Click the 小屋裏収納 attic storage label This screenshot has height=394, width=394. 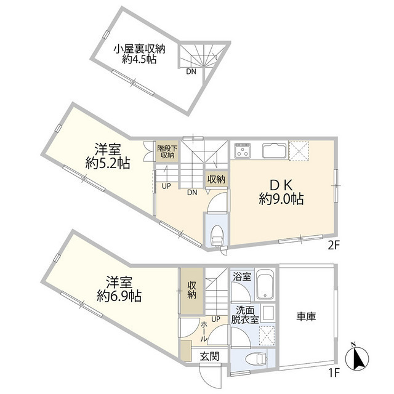coord(139,49)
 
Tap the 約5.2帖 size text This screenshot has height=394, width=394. coord(107,163)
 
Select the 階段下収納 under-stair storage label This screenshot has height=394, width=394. coord(166,151)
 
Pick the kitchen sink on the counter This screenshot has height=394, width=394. coord(273,150)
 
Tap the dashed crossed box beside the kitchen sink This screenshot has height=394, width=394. coord(299,151)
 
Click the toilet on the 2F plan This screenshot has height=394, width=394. coord(217,234)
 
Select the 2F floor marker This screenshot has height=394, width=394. coord(333,244)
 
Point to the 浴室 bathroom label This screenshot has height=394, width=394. coord(242,276)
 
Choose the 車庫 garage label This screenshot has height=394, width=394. coord(306,316)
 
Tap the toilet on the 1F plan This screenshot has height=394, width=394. coord(252,360)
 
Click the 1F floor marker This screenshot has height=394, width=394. coord(332,372)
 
